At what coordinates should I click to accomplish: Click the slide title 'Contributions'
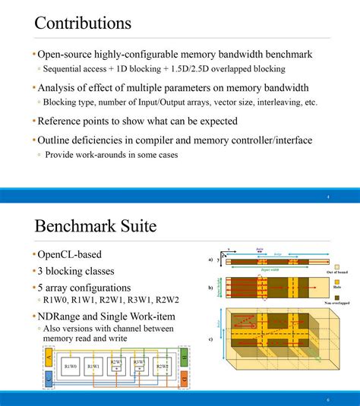(x=83, y=23)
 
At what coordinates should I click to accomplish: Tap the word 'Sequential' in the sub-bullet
(x=64, y=69)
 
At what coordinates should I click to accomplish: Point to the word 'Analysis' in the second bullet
(x=59, y=87)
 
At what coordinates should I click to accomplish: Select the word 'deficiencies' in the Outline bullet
(x=109, y=140)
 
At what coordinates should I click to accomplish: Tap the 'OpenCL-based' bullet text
(x=70, y=254)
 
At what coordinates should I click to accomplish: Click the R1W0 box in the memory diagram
(x=72, y=367)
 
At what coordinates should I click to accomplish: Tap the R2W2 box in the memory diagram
(x=162, y=367)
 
